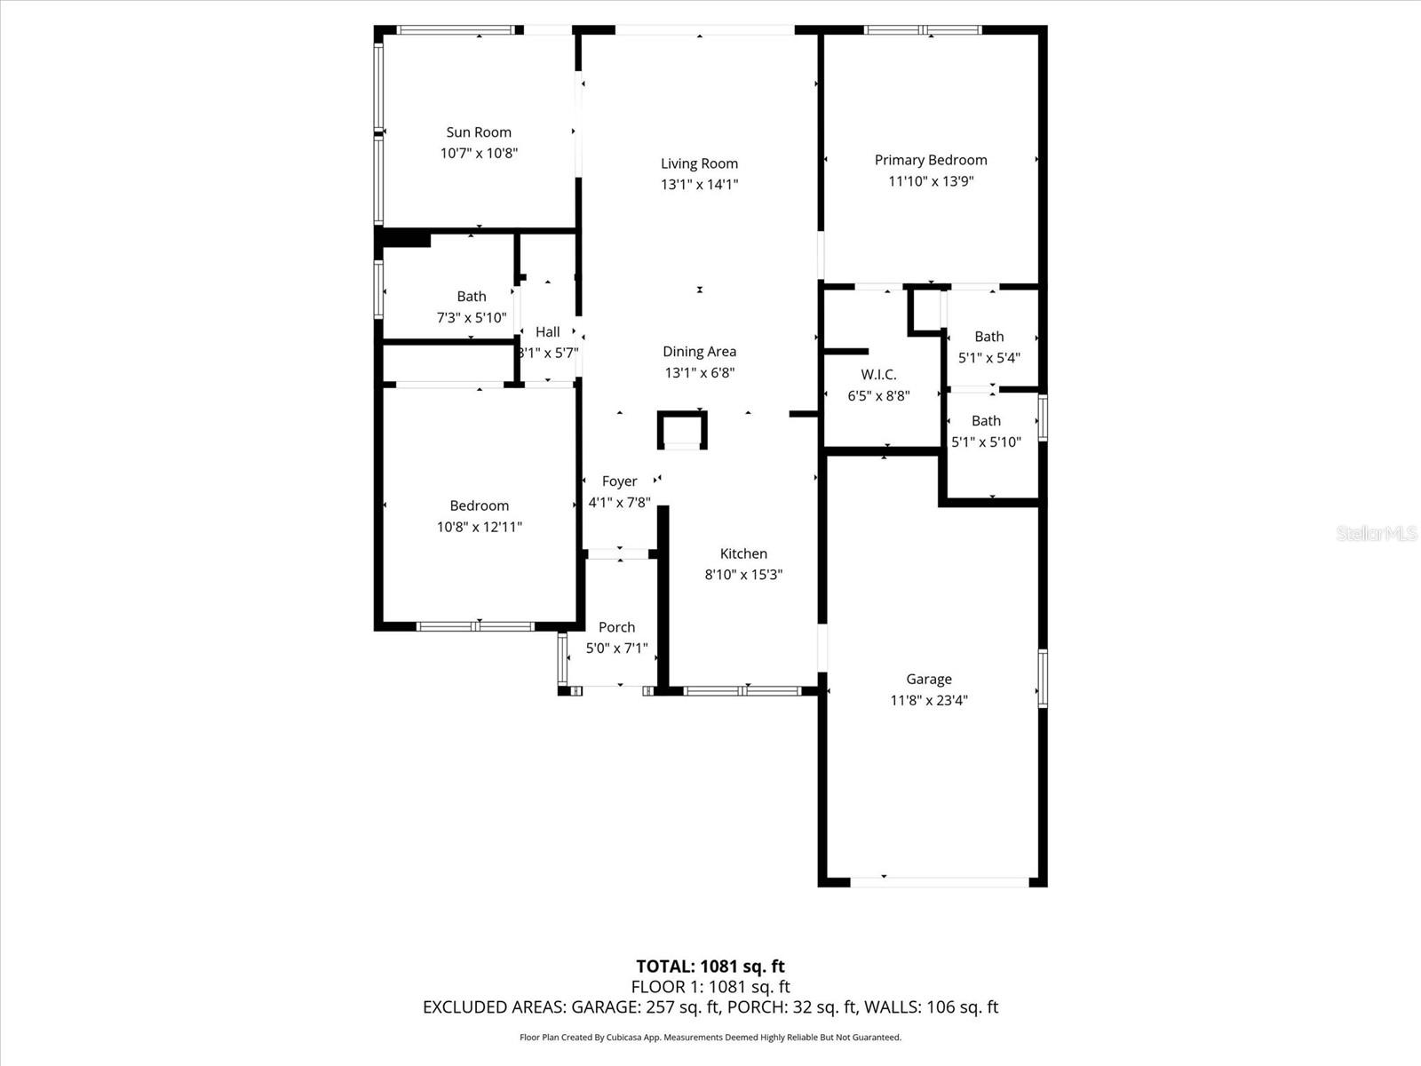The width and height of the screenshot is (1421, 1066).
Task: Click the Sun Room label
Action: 479,132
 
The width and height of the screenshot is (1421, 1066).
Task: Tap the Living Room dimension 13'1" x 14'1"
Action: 699,185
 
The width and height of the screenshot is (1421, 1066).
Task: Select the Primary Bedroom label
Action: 931,160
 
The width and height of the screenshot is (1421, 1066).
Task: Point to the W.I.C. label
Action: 878,375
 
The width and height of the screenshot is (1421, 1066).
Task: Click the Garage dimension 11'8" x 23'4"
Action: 929,700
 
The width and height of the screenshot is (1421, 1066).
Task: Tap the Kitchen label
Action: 743,553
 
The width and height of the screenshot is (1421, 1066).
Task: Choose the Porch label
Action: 616,627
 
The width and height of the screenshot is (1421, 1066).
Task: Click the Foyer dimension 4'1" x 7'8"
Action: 619,502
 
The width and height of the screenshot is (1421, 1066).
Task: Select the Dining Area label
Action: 699,352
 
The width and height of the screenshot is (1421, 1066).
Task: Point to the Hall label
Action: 548,331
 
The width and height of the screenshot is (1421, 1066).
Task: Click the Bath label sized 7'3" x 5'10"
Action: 472,297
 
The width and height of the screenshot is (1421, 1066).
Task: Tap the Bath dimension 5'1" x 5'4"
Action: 988,358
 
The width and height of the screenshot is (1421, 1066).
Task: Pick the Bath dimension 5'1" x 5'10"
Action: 986,442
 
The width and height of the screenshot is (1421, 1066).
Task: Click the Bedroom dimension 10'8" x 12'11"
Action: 479,527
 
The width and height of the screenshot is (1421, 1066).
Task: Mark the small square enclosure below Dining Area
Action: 682,430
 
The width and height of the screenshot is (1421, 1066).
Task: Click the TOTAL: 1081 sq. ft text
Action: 710,967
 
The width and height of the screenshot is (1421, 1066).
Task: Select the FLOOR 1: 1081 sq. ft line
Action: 710,987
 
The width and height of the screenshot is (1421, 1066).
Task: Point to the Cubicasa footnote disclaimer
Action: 710,1038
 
